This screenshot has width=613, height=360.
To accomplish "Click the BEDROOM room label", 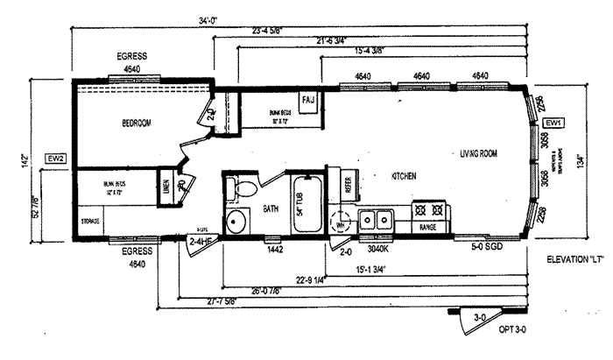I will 137,123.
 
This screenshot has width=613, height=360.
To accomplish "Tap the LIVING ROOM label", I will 478,153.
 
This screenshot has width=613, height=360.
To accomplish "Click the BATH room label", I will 271,209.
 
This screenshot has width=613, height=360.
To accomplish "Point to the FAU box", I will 308,101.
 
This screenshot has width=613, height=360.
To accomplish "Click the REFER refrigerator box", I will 347,185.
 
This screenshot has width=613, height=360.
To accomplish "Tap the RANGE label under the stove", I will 428,227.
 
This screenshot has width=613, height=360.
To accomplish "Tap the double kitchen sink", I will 377,219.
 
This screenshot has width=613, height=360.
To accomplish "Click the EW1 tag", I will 553,123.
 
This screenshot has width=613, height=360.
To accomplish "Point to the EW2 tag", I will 55,159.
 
